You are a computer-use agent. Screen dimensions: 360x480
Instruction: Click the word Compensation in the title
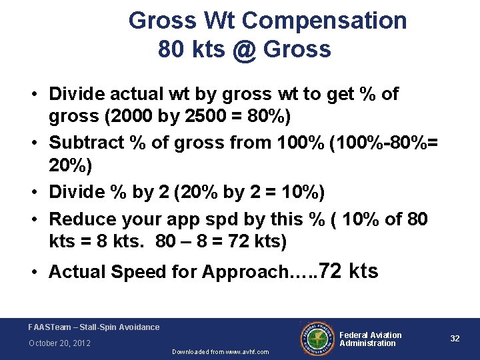pos(325,21)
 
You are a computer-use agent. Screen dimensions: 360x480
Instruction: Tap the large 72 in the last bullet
pos(331,271)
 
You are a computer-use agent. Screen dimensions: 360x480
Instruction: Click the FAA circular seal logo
pos(317,338)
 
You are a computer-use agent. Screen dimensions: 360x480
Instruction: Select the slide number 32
pos(455,339)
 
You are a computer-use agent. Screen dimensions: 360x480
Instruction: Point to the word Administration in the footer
pos(367,343)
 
